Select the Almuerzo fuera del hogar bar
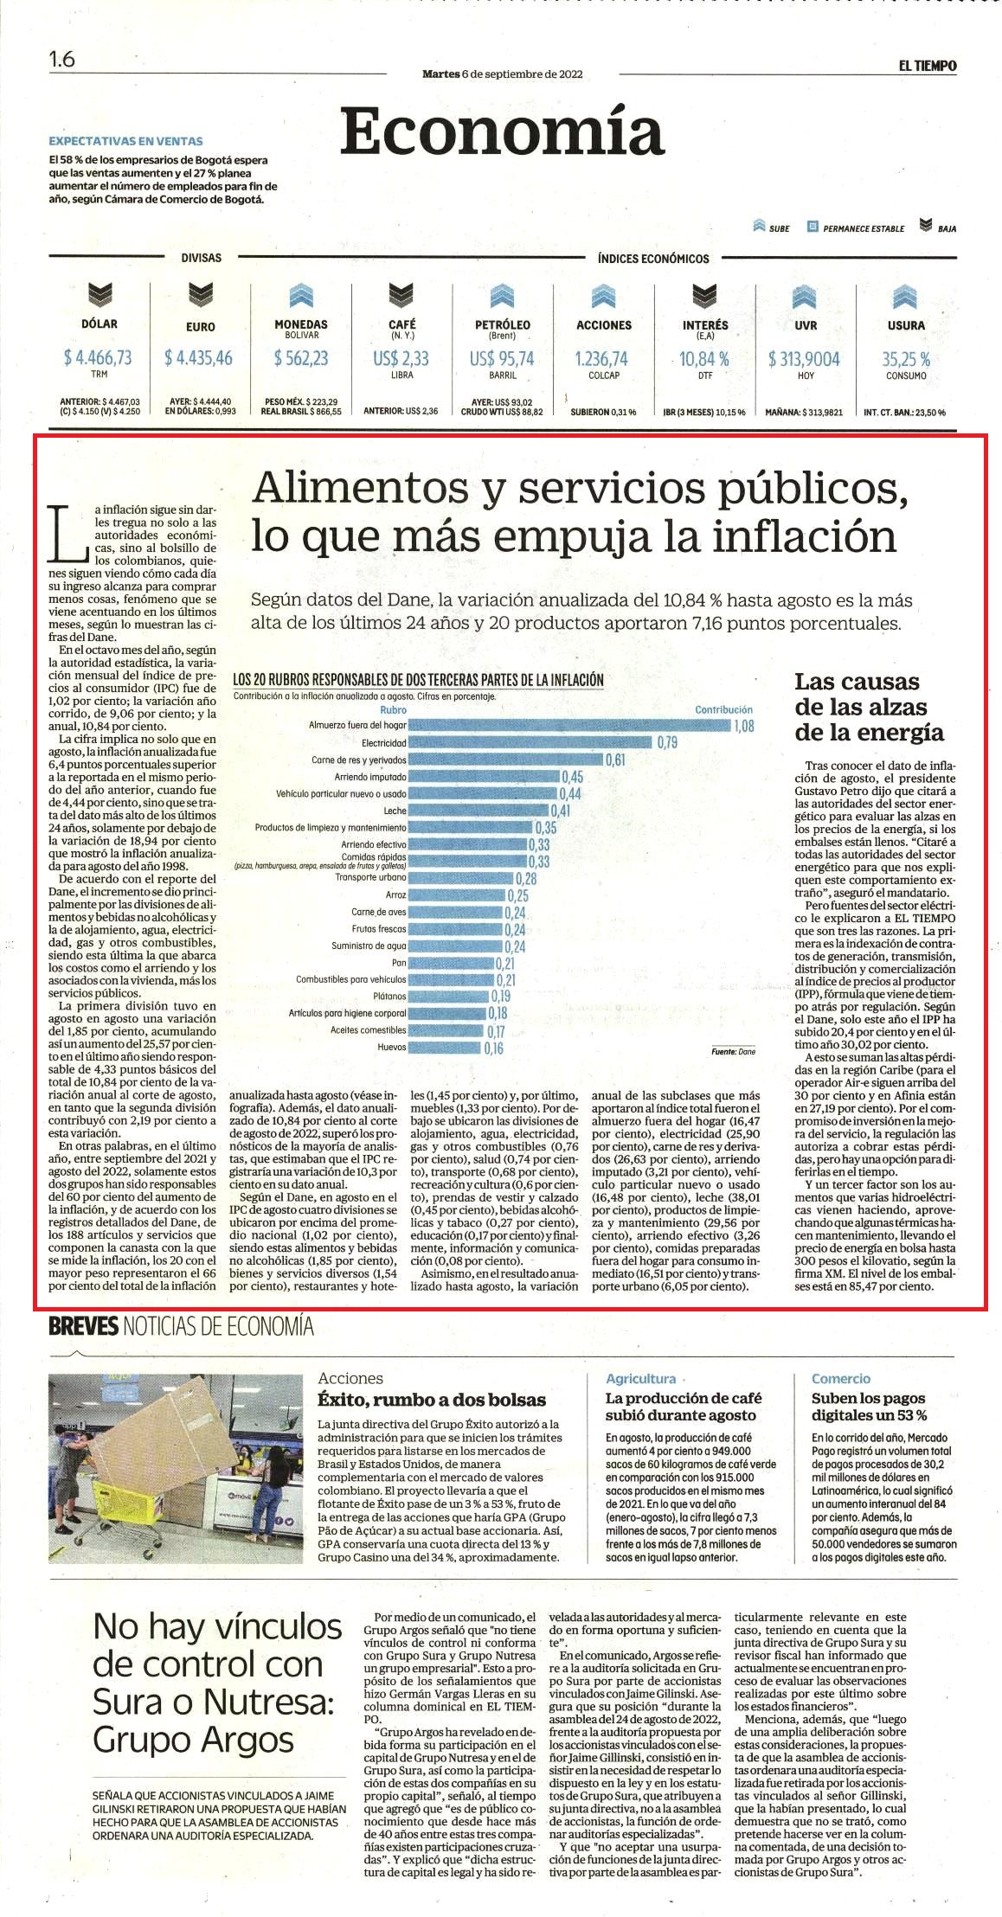click(570, 725)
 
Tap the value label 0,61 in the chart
click(615, 760)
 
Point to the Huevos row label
click(391, 1047)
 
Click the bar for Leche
click(479, 811)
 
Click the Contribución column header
click(724, 709)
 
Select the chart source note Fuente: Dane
click(733, 1052)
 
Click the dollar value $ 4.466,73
click(98, 357)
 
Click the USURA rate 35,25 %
click(906, 358)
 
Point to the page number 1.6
click(62, 60)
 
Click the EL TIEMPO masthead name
click(927, 65)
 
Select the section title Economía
click(502, 131)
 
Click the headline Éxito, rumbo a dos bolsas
click(432, 1399)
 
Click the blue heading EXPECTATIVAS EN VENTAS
click(125, 141)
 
